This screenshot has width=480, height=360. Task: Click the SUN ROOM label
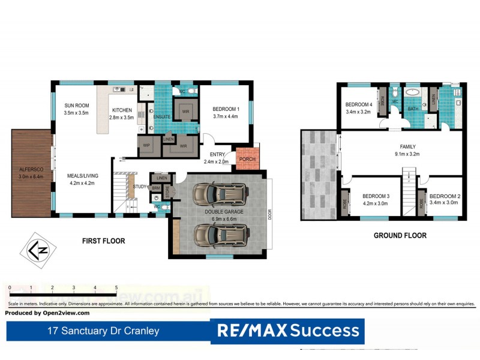[76, 105]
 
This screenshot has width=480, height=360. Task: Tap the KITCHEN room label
[122, 110]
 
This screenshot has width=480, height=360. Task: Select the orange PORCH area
[247, 158]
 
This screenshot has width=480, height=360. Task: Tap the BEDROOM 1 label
[225, 109]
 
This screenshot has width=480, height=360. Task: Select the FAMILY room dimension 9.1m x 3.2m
[407, 154]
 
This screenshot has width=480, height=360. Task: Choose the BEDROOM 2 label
[444, 196]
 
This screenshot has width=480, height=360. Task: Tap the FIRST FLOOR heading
[103, 241]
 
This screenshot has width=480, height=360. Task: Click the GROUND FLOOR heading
[400, 235]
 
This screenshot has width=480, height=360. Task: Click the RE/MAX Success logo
[287, 331]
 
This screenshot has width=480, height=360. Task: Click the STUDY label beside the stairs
[140, 187]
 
